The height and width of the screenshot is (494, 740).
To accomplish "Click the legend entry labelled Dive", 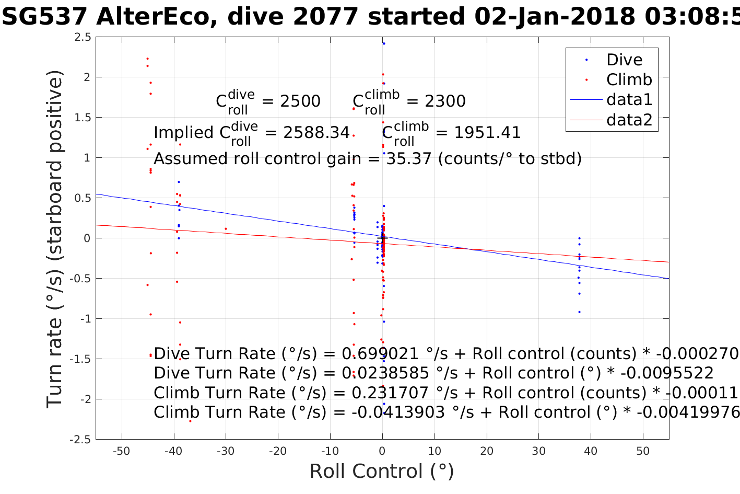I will point(624,60).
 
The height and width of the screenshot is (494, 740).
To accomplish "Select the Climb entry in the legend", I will point(629,79).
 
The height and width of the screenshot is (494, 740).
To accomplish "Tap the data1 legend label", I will point(629,99).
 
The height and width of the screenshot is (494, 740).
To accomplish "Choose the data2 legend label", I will point(629,120).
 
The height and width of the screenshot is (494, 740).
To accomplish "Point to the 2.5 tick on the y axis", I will point(83,37).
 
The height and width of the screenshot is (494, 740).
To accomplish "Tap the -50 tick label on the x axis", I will point(121,451).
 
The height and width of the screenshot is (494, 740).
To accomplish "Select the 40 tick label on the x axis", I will point(591,451).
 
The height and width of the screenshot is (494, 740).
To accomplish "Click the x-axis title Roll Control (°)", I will point(382,471).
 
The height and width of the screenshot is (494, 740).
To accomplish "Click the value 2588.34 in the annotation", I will point(316,133).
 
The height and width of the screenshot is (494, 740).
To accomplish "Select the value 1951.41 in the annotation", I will point(487,133).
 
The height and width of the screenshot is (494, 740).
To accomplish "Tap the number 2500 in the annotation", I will point(300,101).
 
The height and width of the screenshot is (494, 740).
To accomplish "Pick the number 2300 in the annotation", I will point(445,101).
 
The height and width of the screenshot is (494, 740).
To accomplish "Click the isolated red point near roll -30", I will point(226,228).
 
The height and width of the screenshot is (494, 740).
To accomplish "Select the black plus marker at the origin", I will point(382,238).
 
